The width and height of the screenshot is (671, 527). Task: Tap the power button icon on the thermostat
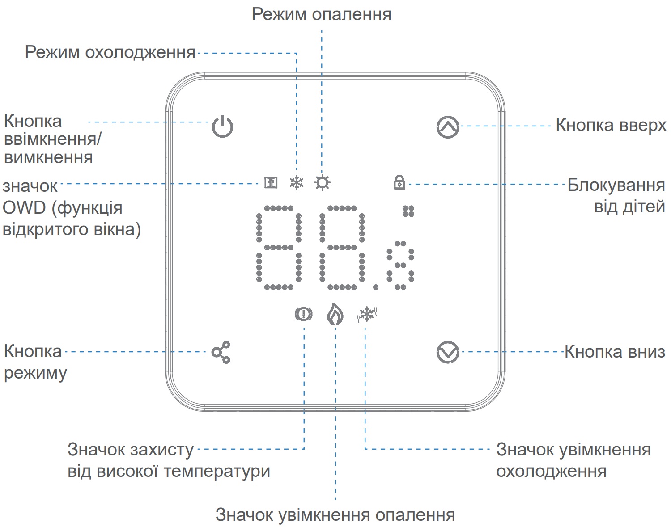[222, 126]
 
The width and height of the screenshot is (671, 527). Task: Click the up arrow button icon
[448, 127]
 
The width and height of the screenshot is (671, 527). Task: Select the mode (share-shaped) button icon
[221, 352]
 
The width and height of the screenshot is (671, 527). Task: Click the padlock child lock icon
[399, 182]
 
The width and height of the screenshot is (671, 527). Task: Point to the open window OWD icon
[271, 182]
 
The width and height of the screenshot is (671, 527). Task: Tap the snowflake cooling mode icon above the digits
[297, 182]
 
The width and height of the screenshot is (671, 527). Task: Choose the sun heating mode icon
[322, 183]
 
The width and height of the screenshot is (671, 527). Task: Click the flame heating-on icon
[335, 314]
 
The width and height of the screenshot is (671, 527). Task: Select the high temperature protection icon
[304, 314]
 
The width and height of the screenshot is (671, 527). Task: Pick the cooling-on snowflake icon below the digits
[367, 314]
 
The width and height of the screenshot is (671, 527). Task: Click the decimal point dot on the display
[376, 287]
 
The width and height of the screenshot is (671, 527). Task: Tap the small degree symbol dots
[408, 211]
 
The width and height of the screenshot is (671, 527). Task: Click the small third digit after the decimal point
[400, 265]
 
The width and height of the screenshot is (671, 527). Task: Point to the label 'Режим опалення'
[321, 14]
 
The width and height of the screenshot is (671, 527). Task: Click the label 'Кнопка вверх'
[611, 125]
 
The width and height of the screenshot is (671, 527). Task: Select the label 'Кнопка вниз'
[615, 352]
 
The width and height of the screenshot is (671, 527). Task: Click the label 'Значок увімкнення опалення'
[335, 515]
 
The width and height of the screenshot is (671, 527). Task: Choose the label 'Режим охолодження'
[110, 52]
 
